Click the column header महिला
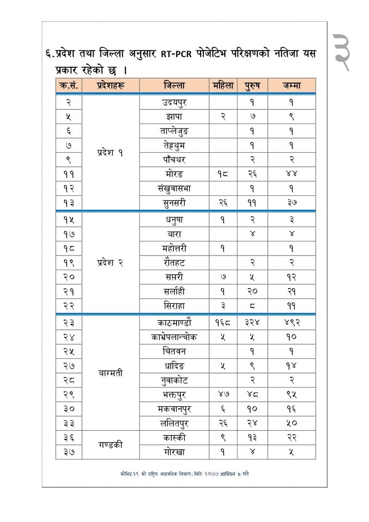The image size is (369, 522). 223,85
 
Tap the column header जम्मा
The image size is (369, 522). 291,85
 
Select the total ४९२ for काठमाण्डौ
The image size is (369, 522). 291,322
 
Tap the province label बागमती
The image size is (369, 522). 111,374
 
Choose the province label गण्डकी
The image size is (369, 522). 111,444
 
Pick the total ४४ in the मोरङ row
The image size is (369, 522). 291,174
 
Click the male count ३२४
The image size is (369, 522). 253,322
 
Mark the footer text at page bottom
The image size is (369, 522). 185,474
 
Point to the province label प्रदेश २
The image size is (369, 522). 110,262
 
